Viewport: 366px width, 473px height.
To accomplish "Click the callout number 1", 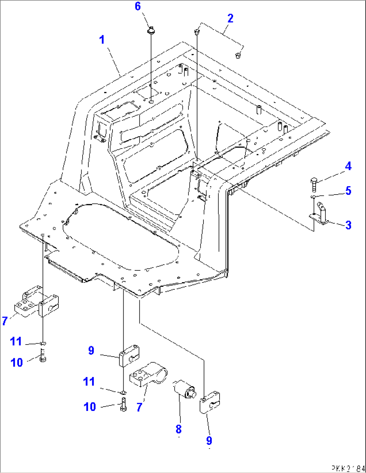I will tap(102, 40).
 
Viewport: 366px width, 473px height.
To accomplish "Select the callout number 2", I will tap(230, 18).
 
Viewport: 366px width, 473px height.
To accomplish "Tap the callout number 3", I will tap(349, 225).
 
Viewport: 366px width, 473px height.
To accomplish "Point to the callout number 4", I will tap(348, 166).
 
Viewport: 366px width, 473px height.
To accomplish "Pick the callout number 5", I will tap(349, 191).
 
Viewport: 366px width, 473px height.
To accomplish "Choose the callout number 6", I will tap(138, 6).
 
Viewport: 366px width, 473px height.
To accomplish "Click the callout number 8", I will tap(179, 429).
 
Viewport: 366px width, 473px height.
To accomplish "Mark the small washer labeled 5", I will tap(313, 197).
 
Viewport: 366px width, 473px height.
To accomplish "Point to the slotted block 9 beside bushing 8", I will tap(210, 402).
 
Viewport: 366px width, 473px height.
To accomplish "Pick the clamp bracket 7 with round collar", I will tap(148, 376).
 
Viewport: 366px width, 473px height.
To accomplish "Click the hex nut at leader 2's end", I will tap(238, 56).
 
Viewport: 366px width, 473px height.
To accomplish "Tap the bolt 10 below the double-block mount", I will tap(43, 356).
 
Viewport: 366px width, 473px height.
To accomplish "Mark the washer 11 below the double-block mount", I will tap(43, 344).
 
